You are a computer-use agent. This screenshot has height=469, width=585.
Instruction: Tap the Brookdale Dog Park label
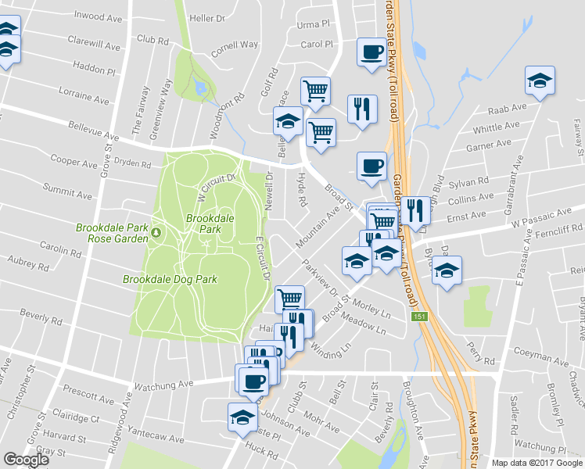170,278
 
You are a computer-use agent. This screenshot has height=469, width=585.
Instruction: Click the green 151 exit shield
421,314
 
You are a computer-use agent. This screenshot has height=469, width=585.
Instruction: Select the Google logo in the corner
26,460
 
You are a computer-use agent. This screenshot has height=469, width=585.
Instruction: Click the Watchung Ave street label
163,385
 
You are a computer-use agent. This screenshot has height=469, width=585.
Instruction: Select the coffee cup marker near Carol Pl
371,52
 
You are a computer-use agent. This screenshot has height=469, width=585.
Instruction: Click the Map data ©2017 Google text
537,463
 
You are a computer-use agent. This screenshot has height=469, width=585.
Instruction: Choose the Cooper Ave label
73,161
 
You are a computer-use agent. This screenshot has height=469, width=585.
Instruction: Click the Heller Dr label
207,17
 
